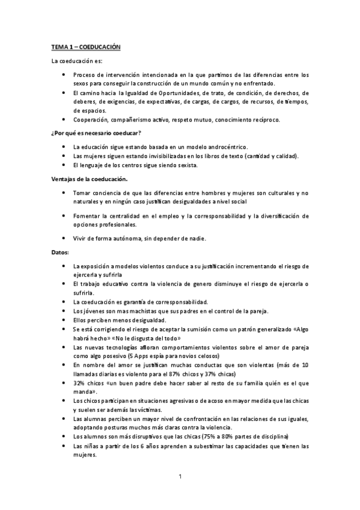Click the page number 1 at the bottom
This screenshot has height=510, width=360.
pos(180,478)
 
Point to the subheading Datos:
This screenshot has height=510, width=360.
pos(60,252)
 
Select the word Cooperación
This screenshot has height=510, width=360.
pos(90,119)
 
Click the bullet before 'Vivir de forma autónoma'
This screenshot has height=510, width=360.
pos(64,238)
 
